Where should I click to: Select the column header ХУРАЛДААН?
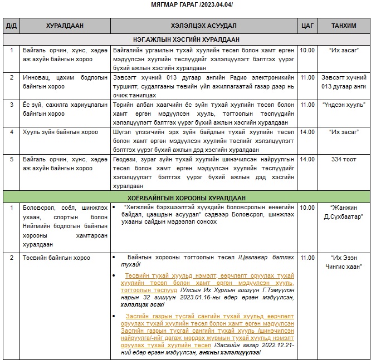(66, 26)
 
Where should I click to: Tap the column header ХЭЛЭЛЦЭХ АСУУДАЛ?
(203, 26)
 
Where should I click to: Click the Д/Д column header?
(11, 26)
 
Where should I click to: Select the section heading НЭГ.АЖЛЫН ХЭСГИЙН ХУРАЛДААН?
(186, 40)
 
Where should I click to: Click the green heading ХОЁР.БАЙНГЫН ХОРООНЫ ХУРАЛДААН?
(186, 198)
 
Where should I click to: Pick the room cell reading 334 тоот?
(344, 159)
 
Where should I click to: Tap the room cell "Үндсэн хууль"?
(344, 105)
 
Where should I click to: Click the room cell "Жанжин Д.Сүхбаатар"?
(344, 211)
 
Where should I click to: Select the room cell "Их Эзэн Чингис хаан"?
(344, 262)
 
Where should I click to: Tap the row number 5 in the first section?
(11, 159)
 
